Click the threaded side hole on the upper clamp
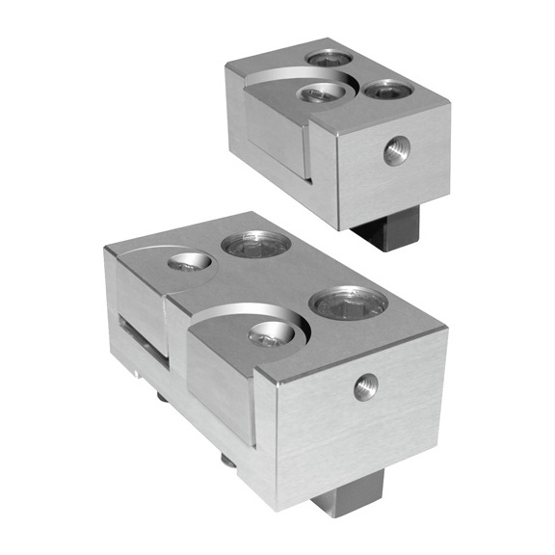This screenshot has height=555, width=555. (x=394, y=149)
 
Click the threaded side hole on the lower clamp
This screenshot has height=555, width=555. (x=365, y=387)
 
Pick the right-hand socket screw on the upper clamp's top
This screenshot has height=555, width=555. (x=388, y=91)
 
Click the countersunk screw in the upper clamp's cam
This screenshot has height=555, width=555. (x=322, y=92)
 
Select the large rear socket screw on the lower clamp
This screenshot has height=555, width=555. (x=255, y=244)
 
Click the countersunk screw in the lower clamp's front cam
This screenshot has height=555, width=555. (x=270, y=333)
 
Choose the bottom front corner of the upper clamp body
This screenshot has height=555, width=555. (x=339, y=228)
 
